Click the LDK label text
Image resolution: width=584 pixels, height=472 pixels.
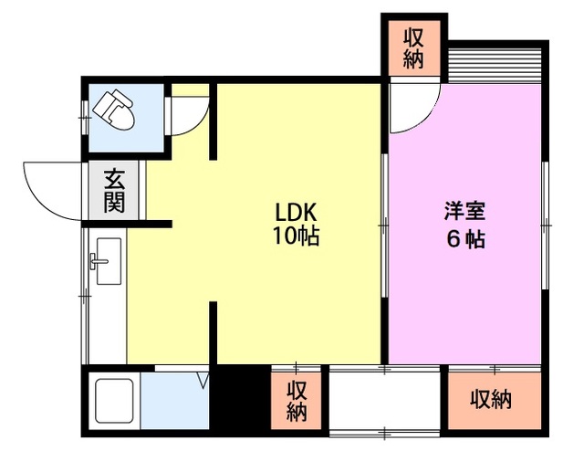point(297,211)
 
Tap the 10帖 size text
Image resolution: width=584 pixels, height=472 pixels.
point(297,236)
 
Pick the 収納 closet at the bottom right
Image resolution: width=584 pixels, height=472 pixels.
point(491,399)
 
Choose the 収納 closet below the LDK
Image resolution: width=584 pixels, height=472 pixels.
point(297,400)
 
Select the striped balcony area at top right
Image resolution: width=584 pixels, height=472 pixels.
point(496,61)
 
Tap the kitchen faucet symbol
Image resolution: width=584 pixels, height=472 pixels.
point(96,264)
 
